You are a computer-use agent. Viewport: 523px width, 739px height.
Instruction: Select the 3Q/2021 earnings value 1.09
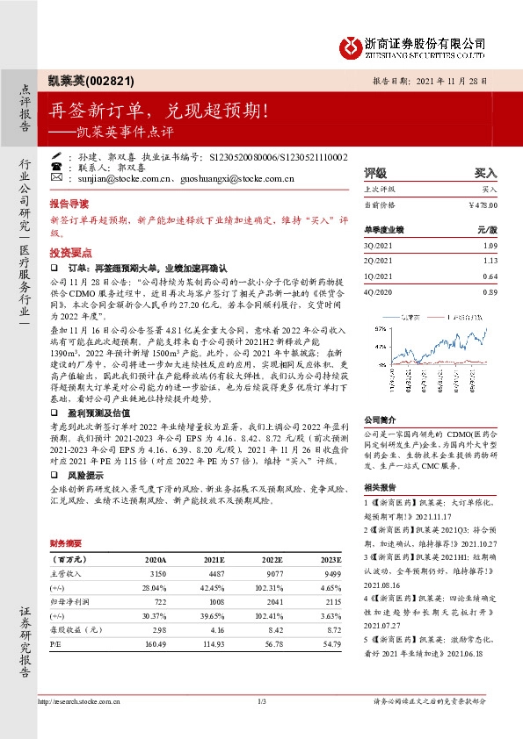click(x=488, y=245)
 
